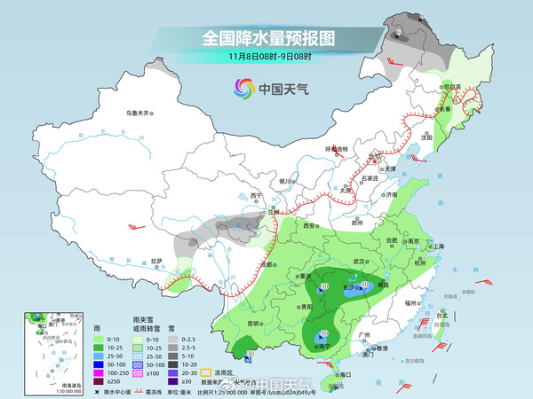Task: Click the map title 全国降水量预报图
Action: [267, 38]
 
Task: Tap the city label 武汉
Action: [360, 262]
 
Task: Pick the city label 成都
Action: [263, 262]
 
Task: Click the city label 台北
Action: [440, 315]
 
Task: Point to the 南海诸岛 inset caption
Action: [40, 385]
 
